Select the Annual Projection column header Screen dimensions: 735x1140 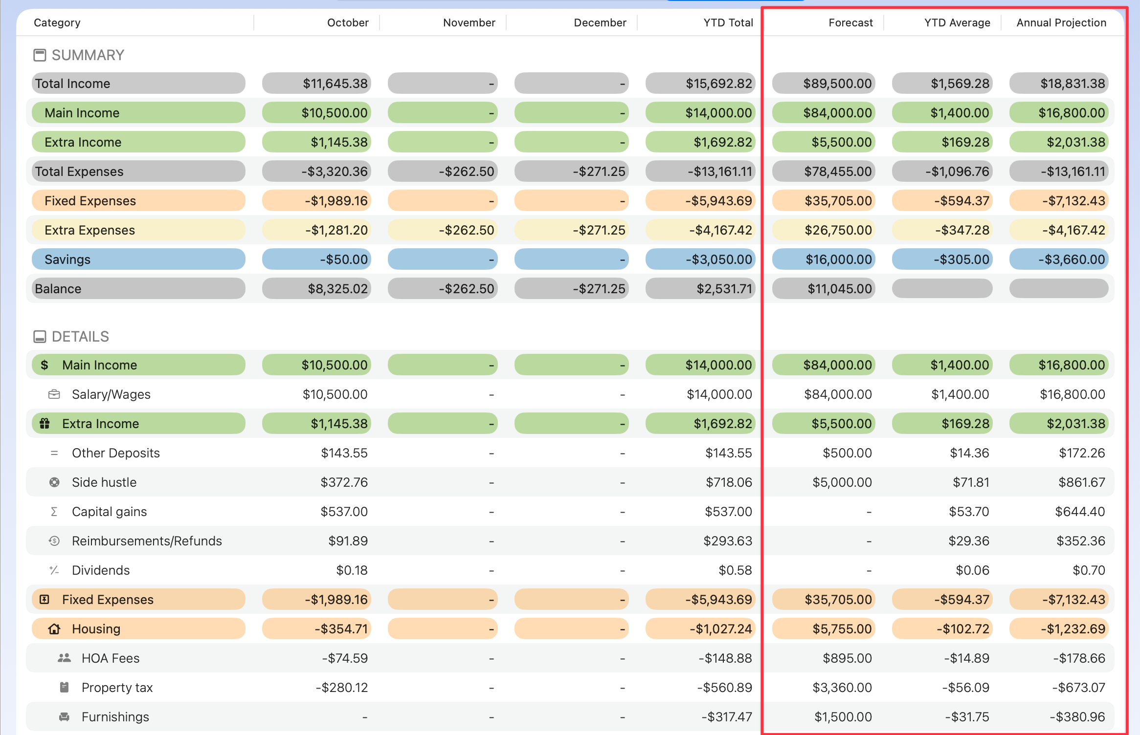click(x=1061, y=22)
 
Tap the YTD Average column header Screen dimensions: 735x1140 click(x=957, y=22)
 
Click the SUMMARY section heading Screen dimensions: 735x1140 click(x=88, y=55)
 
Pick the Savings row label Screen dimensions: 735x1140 click(x=67, y=259)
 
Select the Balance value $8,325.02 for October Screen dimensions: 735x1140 click(x=337, y=289)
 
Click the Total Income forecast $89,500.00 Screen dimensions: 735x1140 click(x=837, y=84)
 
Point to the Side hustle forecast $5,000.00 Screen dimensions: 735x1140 click(x=842, y=482)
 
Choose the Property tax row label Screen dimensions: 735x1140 click(x=117, y=688)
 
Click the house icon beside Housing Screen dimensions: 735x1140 click(x=54, y=629)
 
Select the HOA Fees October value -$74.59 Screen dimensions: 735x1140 click(x=344, y=658)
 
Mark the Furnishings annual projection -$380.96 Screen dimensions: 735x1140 click(x=1077, y=717)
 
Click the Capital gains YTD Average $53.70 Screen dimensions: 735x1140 click(x=968, y=512)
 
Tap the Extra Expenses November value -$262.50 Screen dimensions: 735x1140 click(x=466, y=230)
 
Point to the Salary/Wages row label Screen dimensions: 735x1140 click(x=111, y=394)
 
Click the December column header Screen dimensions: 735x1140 click(x=600, y=22)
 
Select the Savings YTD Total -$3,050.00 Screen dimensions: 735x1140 click(x=718, y=259)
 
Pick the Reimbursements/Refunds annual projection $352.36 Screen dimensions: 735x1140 click(x=1080, y=541)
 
